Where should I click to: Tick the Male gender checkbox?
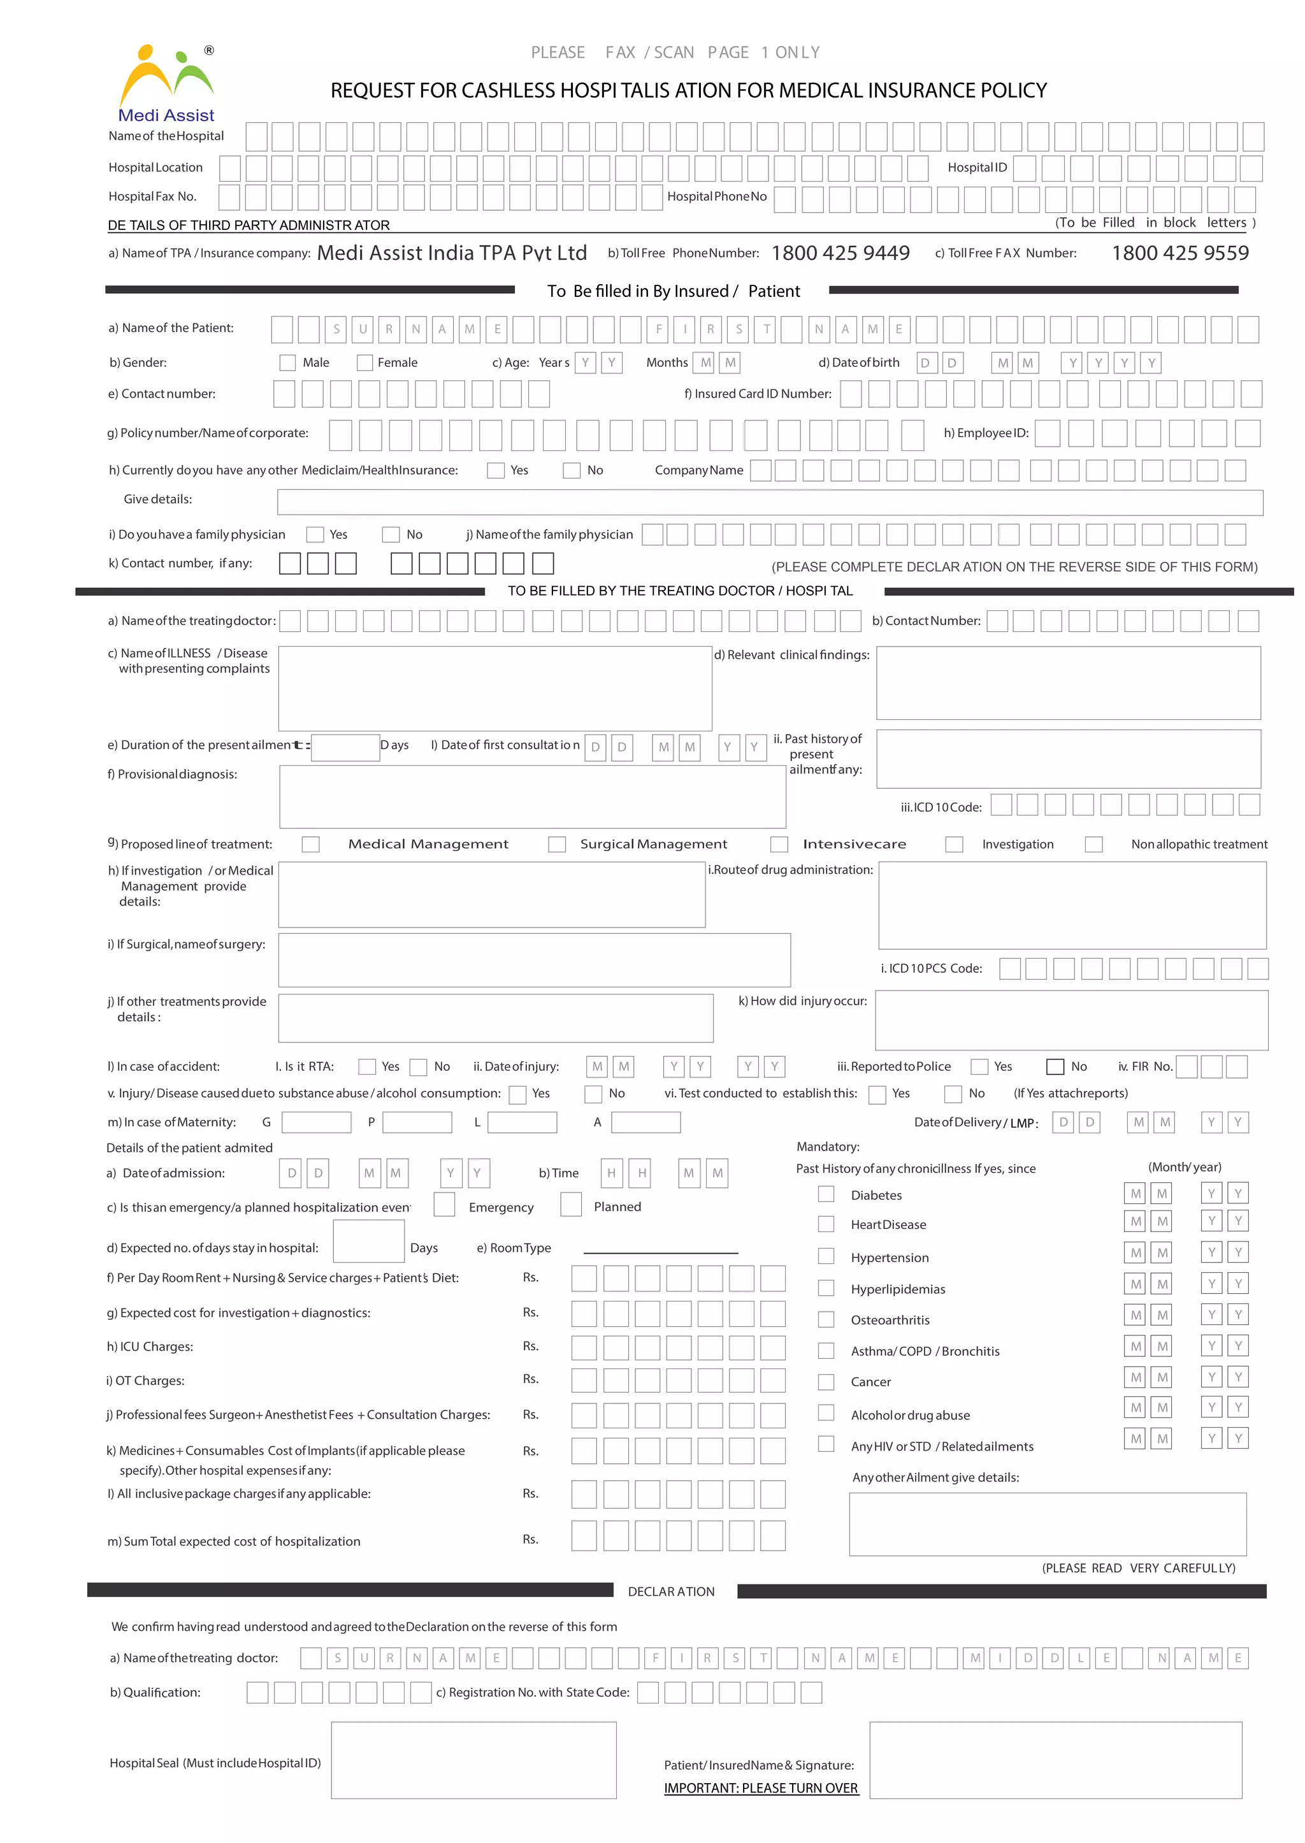[287, 363]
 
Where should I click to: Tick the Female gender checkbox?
[364, 363]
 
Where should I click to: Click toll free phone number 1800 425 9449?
[840, 253]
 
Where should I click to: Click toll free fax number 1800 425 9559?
[1179, 253]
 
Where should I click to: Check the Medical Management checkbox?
[310, 844]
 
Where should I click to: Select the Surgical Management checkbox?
[556, 844]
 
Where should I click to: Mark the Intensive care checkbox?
[779, 844]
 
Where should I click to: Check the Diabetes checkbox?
[826, 1194]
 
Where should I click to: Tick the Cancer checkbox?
[826, 1382]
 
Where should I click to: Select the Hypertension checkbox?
[826, 1256]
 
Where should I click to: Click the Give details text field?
[769, 503]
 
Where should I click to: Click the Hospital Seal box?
[473, 1760]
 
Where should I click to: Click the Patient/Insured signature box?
[1055, 1760]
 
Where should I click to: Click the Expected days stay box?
[368, 1241]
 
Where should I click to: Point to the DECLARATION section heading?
[671, 1591]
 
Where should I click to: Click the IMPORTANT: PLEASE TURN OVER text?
[760, 1788]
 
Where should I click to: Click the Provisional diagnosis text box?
[532, 796]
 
